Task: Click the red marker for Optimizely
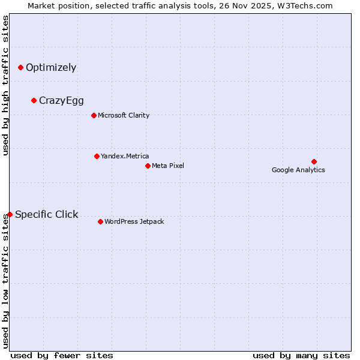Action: pyautogui.click(x=21, y=68)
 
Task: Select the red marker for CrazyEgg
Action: pyautogui.click(x=34, y=101)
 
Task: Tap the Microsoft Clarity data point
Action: pyautogui.click(x=94, y=116)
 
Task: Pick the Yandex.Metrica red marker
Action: pyautogui.click(x=97, y=157)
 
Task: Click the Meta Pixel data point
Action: pyautogui.click(x=148, y=166)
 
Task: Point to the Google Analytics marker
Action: pyautogui.click(x=314, y=162)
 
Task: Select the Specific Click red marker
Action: pyautogui.click(x=10, y=215)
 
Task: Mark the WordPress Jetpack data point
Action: pyautogui.click(x=101, y=222)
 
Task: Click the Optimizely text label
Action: pyautogui.click(x=51, y=68)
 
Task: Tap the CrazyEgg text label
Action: pyautogui.click(x=61, y=101)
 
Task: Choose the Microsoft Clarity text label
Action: pyautogui.click(x=124, y=116)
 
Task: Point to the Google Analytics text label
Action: pyautogui.click(x=298, y=170)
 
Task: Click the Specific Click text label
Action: pyautogui.click(x=46, y=215)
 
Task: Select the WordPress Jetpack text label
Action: pyautogui.click(x=134, y=222)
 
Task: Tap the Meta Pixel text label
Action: pyautogui.click(x=168, y=166)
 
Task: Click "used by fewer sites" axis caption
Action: pyautogui.click(x=62, y=356)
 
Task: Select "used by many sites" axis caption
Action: pyautogui.click(x=301, y=356)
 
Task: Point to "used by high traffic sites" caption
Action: pyautogui.click(x=6, y=85)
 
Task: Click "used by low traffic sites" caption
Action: pyautogui.click(x=6, y=281)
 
